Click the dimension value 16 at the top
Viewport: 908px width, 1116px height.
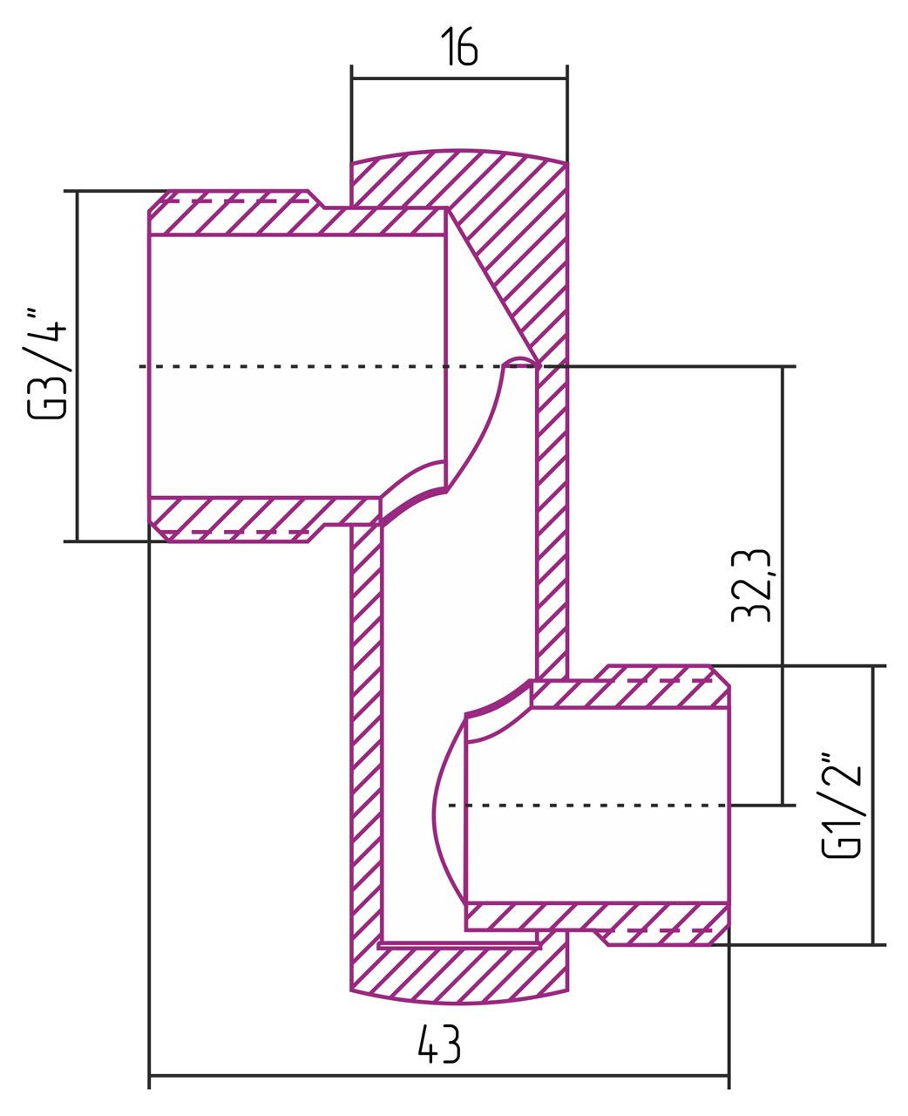pyautogui.click(x=458, y=47)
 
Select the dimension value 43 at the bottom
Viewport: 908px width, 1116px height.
pyautogui.click(x=438, y=1044)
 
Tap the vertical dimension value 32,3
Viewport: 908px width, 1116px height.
pyautogui.click(x=752, y=586)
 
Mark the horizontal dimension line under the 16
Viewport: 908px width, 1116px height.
pyautogui.click(x=458, y=78)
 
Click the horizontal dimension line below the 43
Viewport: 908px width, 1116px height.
pyautogui.click(x=438, y=1076)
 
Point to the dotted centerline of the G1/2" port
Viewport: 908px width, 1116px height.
pyautogui.click(x=593, y=805)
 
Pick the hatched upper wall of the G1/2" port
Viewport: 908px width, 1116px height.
pyautogui.click(x=627, y=694)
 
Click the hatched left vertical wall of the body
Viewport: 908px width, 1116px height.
pyautogui.click(x=366, y=741)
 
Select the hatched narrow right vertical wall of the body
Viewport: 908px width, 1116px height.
pyautogui.click(x=552, y=523)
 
